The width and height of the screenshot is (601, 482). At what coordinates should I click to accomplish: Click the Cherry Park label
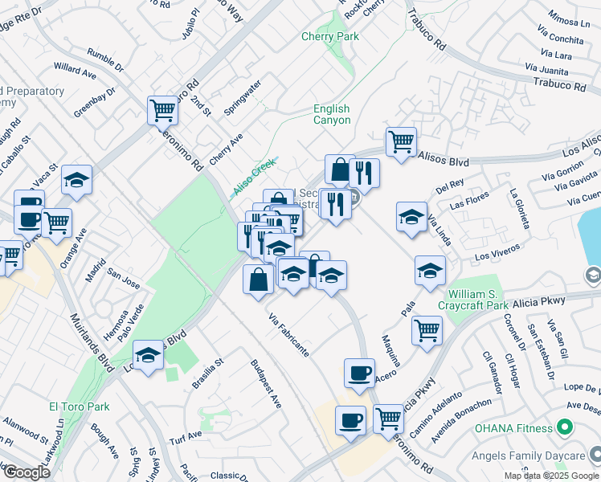tap(329, 37)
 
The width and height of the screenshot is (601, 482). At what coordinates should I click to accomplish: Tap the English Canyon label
tap(332, 114)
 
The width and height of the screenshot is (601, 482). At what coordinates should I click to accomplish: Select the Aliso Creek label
tap(254, 177)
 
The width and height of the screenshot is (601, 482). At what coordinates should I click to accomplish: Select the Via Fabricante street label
tap(289, 335)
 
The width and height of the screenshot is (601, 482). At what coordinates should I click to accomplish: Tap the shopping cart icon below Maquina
tap(427, 329)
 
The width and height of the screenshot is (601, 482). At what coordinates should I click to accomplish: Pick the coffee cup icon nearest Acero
tap(359, 372)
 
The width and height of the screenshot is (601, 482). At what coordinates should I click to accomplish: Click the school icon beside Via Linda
tap(411, 216)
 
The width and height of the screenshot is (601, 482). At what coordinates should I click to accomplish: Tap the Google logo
tap(26, 472)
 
